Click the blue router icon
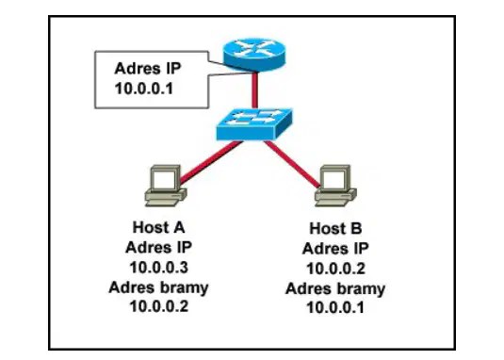(x=254, y=55)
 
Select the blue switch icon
(x=254, y=124)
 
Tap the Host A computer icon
(x=165, y=186)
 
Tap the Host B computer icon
(x=335, y=186)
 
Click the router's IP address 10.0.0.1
(x=144, y=89)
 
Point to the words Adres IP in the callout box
(x=148, y=69)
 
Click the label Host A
(x=159, y=227)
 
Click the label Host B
(x=335, y=229)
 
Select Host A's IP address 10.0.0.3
(x=159, y=268)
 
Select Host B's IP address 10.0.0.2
(x=335, y=269)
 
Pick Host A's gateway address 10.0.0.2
(x=159, y=306)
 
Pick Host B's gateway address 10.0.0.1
(x=335, y=307)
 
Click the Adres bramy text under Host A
(x=159, y=287)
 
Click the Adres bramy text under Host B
(x=335, y=288)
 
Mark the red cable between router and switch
(x=254, y=90)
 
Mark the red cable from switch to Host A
(x=211, y=162)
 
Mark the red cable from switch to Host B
(x=292, y=164)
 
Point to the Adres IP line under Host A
(x=159, y=248)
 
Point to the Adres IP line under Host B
(x=335, y=249)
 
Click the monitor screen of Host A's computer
(x=164, y=180)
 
